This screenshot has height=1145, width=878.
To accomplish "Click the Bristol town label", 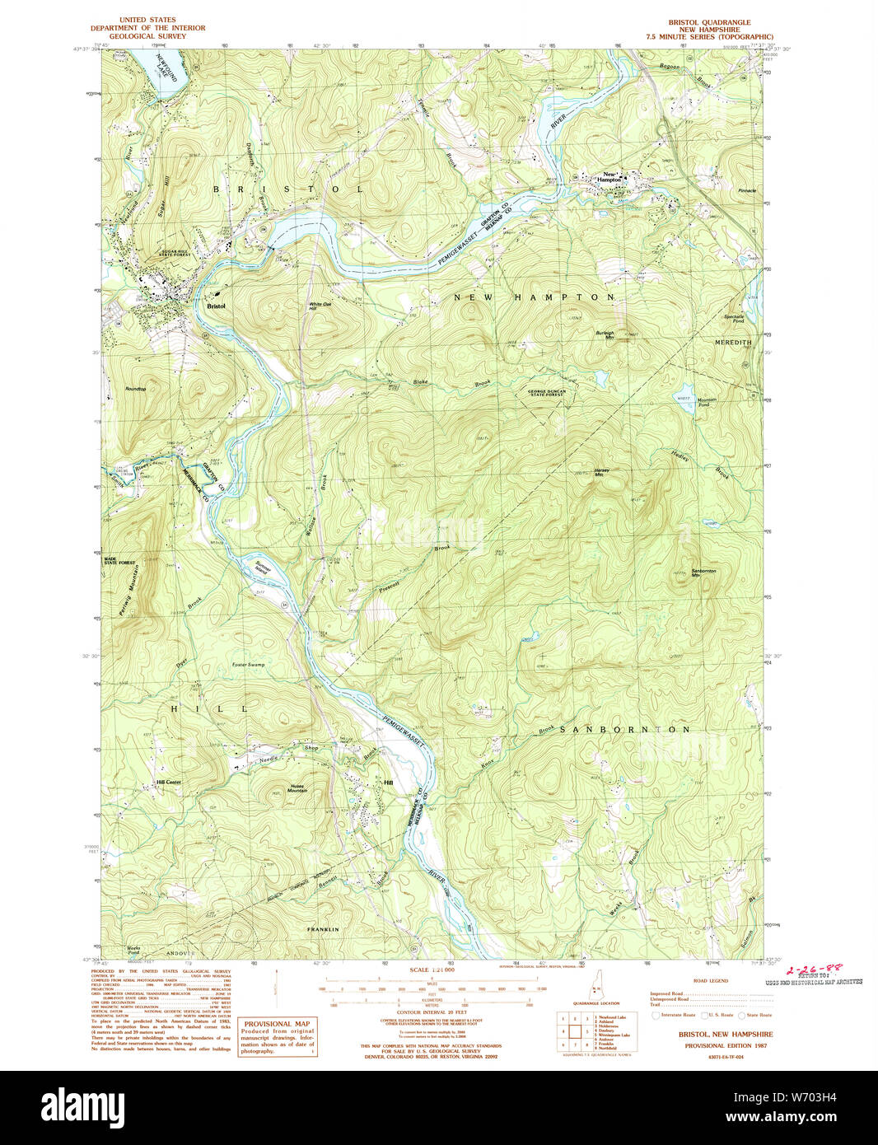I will (x=217, y=306).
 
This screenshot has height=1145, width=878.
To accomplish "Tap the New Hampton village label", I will (x=610, y=177).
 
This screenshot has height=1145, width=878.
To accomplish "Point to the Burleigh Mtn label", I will (x=605, y=334).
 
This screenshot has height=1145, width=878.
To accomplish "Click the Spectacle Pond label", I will (x=733, y=318).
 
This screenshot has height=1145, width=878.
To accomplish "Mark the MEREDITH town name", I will (x=732, y=341).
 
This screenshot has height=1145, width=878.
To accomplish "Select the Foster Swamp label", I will (x=249, y=664).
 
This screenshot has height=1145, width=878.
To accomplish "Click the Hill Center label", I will (x=168, y=782).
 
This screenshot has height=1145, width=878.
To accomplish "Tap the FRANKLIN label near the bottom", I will (x=323, y=928).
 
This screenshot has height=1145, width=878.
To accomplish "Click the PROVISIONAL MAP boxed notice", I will (x=278, y=1037).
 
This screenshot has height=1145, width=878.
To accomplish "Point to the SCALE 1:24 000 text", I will (x=432, y=970).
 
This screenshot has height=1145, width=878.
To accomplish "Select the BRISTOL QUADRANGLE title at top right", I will (x=709, y=22).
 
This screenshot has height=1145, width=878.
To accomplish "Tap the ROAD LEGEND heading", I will (x=711, y=981).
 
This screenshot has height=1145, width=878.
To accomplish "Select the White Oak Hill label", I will (x=320, y=306).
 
